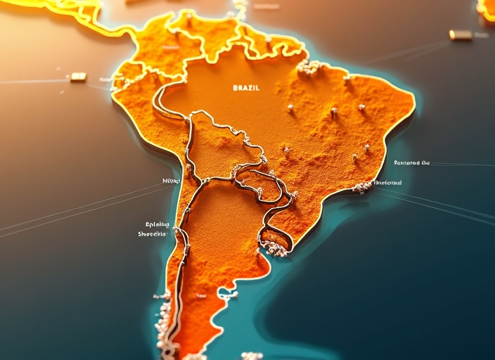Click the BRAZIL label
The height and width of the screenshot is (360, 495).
click(245, 88)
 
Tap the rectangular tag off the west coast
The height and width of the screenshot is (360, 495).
click(78, 77)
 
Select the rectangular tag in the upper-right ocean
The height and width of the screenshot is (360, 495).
click(461, 34)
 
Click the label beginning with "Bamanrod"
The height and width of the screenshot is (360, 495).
click(411, 162)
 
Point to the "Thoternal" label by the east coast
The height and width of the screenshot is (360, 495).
click(387, 183)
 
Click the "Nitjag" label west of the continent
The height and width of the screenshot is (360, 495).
click(171, 181)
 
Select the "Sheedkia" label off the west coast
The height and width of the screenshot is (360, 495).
click(152, 233)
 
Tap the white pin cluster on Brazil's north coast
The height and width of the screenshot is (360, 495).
click(308, 67)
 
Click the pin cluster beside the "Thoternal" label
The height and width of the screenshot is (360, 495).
click(363, 186)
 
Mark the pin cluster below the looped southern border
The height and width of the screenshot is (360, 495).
click(274, 248)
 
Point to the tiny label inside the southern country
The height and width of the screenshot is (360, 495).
click(202, 296)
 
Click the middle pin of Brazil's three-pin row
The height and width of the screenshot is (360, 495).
click(333, 110)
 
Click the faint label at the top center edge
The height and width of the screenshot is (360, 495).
click(265, 6)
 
